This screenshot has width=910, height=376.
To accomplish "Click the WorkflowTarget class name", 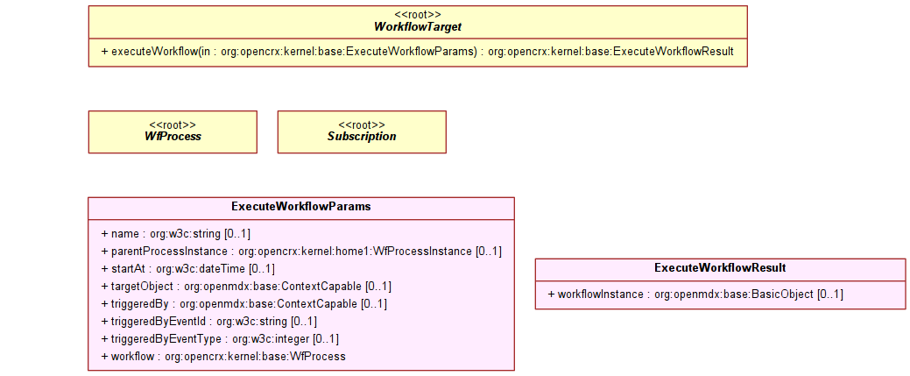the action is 418,27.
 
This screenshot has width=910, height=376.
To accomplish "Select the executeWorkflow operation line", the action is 417,52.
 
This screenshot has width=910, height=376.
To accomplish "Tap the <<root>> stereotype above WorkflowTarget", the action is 418,15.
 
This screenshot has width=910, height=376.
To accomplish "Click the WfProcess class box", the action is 173,132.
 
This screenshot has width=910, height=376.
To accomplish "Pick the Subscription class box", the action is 362,132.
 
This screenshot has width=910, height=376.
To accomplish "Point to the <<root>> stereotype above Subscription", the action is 362,125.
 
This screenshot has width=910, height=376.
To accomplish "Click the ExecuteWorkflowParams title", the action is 301,207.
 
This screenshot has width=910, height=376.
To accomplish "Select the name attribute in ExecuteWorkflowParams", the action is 176,234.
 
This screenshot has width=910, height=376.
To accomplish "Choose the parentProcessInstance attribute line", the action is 301,252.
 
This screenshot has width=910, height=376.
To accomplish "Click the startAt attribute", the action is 188,269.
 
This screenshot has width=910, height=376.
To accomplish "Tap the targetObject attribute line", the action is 246,287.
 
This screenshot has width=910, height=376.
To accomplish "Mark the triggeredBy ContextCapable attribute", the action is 243,304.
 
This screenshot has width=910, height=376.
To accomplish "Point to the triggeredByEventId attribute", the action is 209,322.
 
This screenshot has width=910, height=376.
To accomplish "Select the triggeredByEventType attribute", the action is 220,339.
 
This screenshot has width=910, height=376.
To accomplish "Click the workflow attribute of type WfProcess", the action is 223,356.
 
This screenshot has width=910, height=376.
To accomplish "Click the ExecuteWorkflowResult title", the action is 720,268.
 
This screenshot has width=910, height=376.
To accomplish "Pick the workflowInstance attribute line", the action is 695,294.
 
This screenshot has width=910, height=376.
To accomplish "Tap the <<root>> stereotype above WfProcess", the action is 173,125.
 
